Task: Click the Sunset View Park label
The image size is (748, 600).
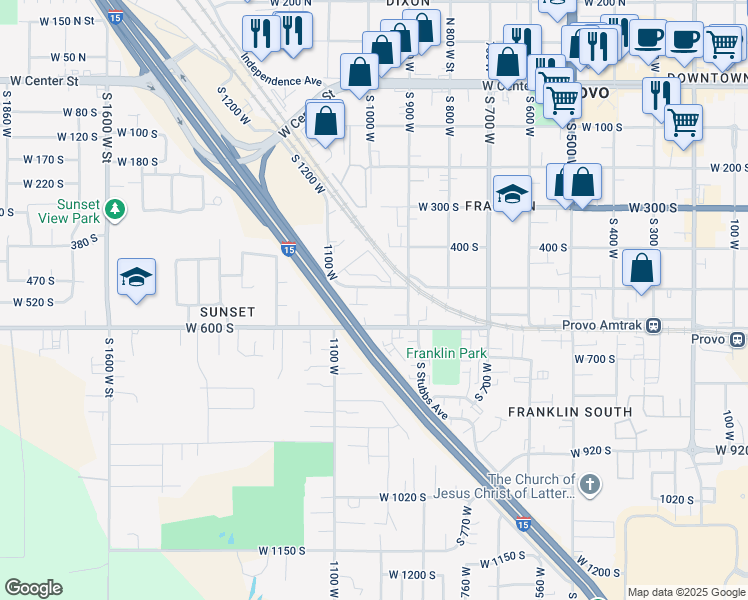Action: coord(78,211)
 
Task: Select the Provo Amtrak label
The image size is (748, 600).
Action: coord(603,325)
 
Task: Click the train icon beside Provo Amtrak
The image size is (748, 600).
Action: coord(654,325)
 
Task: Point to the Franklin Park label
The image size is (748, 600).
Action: coord(446,353)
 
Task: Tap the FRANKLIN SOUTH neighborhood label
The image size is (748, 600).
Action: coord(569,412)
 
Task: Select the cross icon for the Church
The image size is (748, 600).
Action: coord(590,486)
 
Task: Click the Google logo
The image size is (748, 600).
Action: coord(33,588)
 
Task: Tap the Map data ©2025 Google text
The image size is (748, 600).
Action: coord(685,592)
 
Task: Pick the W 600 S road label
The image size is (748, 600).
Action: coord(210,328)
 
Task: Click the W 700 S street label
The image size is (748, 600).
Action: coord(594,358)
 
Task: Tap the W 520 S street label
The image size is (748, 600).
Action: coord(33,302)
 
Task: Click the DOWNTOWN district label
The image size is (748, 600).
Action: coord(706,77)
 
